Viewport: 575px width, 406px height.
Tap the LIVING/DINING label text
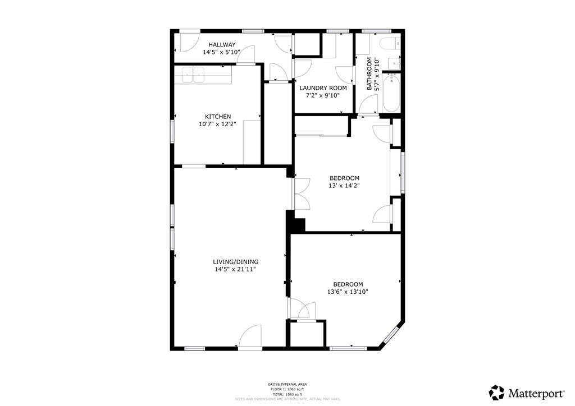pos(235,262)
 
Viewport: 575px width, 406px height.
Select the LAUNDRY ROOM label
pos(323,88)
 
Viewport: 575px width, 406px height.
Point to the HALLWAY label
pos(222,45)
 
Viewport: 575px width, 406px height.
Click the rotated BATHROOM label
pos(369,74)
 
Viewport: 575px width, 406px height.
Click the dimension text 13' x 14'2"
pos(344,186)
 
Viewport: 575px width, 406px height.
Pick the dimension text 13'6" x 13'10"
pos(348,292)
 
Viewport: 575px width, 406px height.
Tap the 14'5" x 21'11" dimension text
pos(235,269)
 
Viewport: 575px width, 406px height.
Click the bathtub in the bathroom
pos(391,94)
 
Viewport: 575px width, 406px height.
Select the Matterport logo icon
pos(496,391)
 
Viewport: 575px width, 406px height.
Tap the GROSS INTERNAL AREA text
pos(287,384)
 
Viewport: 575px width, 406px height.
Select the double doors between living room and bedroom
pos(300,193)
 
